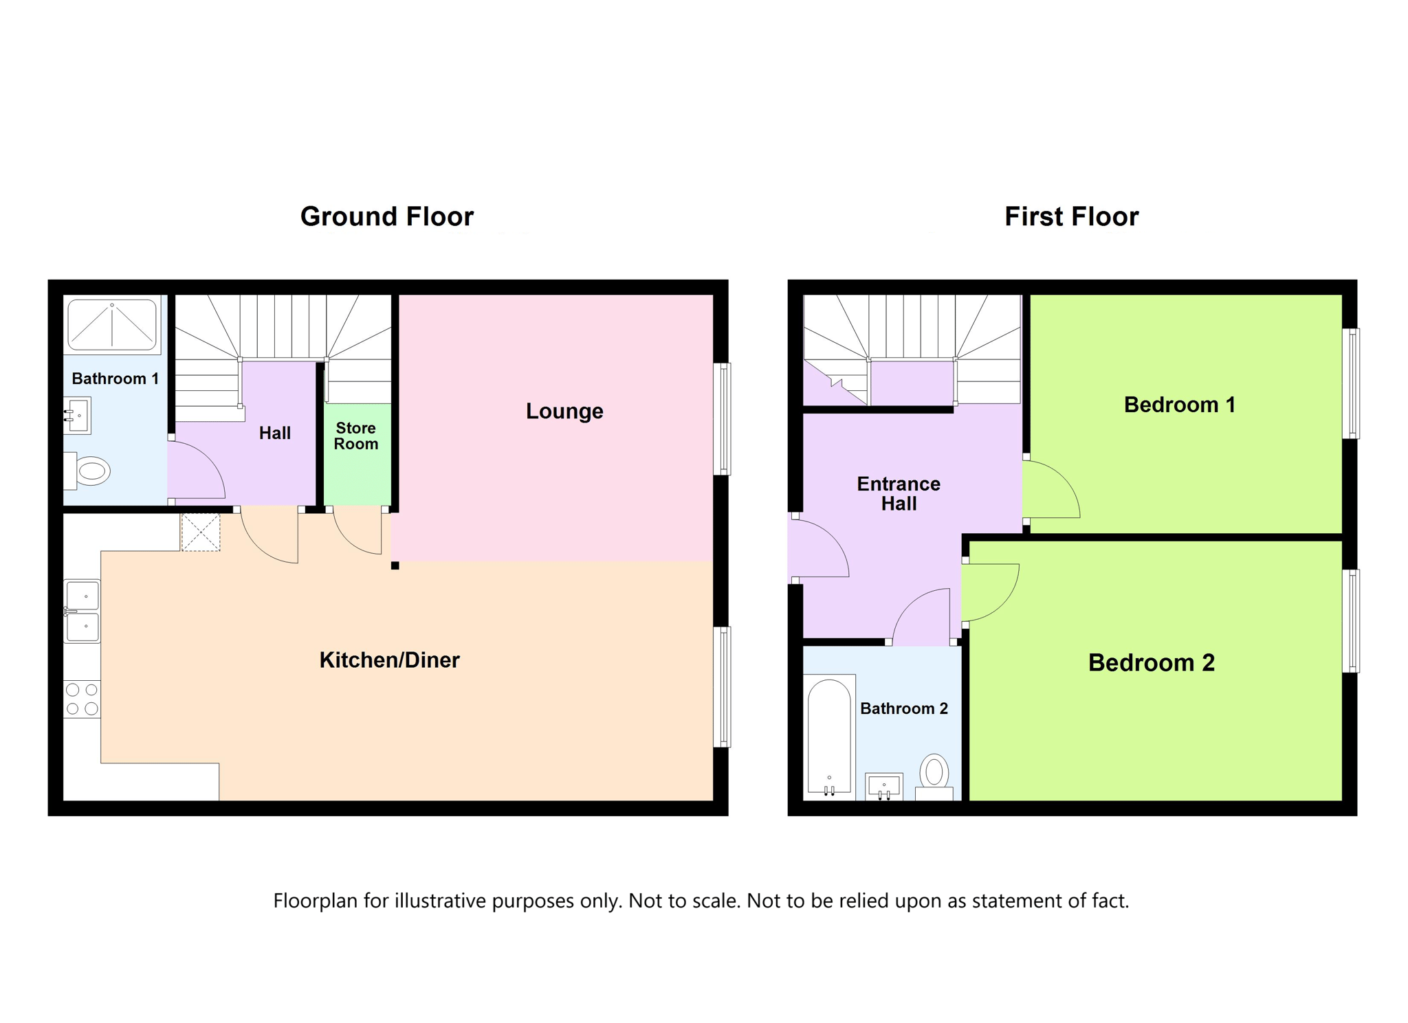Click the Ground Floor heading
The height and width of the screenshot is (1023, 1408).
[x=387, y=216]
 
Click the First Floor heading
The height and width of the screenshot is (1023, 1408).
[x=1071, y=216]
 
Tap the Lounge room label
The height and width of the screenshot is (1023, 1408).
[x=564, y=411]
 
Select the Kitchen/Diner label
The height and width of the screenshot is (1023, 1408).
[x=389, y=660]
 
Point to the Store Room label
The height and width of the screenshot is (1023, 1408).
[x=356, y=436]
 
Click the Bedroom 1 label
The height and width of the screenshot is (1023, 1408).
[x=1180, y=405]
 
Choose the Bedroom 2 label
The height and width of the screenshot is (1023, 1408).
[x=1152, y=662]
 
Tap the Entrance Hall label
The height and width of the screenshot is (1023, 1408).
[x=899, y=493]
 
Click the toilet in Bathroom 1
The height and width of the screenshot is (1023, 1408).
[x=87, y=471]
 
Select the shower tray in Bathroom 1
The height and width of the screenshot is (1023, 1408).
[x=112, y=325]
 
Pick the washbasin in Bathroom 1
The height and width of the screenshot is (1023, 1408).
[x=77, y=416]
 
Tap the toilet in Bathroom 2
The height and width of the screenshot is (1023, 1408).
[x=934, y=777]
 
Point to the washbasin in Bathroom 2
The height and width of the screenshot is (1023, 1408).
[x=884, y=787]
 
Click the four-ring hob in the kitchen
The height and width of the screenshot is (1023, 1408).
[x=82, y=699]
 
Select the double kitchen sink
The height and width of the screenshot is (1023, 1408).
[x=82, y=611]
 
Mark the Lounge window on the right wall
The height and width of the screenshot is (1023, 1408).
[x=722, y=419]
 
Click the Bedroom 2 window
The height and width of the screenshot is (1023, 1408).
[x=1351, y=621]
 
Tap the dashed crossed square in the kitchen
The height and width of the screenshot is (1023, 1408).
[x=201, y=532]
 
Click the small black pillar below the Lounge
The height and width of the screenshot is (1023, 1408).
[x=395, y=565]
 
